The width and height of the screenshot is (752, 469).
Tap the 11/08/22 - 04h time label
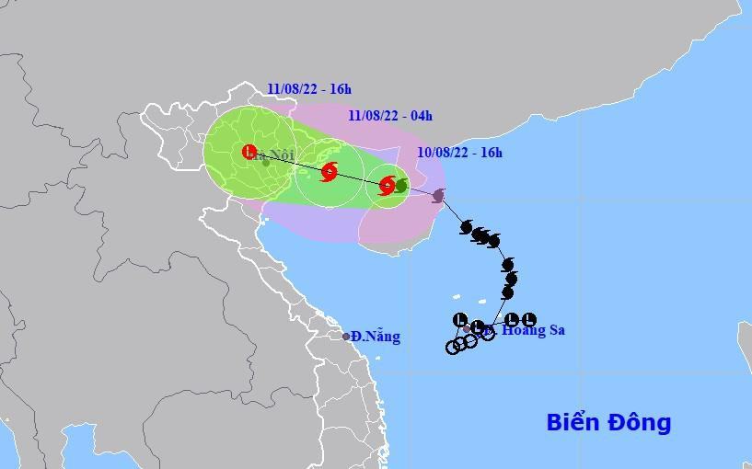[390, 116]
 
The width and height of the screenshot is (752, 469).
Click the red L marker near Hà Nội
[249, 152]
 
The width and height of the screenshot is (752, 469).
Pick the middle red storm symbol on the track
[330, 170]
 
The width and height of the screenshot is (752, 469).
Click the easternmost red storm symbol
[388, 185]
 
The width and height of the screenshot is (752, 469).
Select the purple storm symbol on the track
[438, 195]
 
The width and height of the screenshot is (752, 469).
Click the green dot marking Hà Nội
[265, 163]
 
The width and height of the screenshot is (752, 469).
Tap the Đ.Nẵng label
[376, 337]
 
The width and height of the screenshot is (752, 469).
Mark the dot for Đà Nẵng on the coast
[346, 337]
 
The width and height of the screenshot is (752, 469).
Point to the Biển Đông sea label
[608, 423]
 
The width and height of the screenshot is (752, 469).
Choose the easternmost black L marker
[528, 319]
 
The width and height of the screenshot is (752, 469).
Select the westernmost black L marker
[460, 319]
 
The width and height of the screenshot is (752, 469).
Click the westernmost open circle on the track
[452, 348]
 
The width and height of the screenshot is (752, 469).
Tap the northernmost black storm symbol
[467, 226]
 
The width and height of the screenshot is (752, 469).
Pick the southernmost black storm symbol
[507, 292]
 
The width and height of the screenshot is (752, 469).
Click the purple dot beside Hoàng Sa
[468, 328]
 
